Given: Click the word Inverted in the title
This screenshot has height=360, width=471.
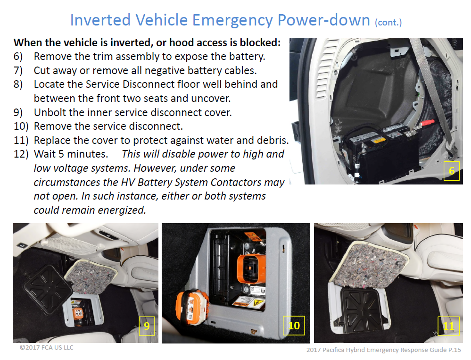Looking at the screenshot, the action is [100, 20].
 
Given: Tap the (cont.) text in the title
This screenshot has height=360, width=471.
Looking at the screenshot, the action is [388, 23].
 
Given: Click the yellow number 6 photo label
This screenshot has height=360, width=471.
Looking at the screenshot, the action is [452, 171].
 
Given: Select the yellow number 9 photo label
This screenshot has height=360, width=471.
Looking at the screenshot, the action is [147, 326].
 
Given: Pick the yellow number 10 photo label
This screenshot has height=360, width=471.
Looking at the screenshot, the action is [294, 326].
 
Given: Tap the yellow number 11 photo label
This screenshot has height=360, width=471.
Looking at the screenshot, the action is [448, 326].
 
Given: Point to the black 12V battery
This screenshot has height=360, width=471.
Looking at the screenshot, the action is [381, 153].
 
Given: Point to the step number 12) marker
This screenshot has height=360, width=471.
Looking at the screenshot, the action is [21, 154].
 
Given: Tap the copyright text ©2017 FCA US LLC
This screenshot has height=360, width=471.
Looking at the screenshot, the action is [47, 348].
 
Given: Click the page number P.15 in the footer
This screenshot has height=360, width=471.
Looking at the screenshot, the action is [454, 350].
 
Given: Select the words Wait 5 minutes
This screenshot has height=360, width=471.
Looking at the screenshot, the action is [71, 154].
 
